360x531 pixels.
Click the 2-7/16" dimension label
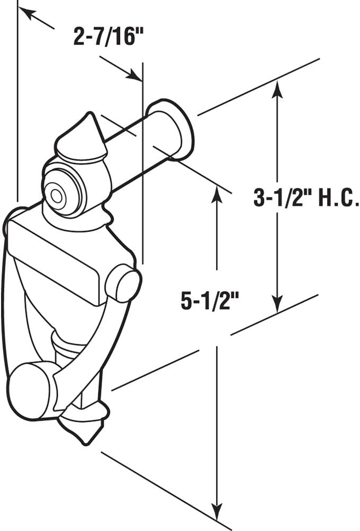109,38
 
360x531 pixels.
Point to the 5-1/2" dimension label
209,301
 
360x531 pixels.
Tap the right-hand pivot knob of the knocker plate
124,282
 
